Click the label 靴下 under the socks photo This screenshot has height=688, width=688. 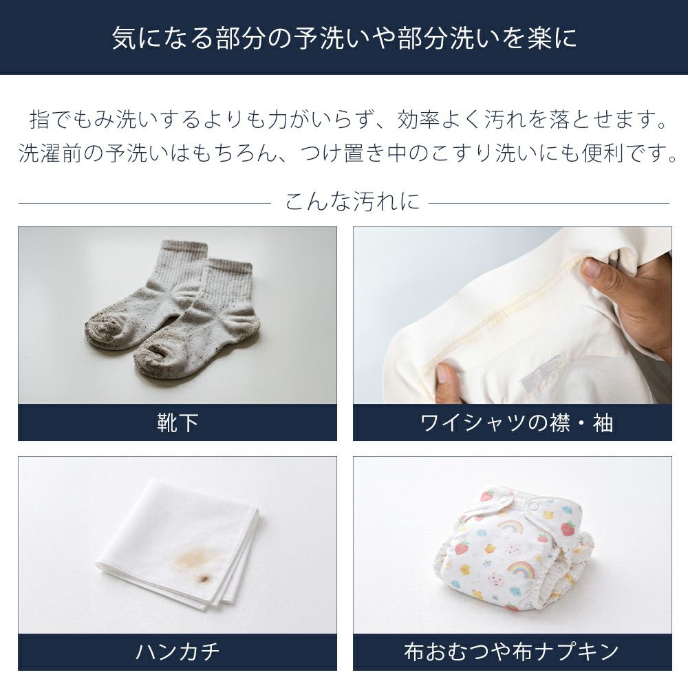[178, 423]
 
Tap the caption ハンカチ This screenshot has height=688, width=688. [178, 652]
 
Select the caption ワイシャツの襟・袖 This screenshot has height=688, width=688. [516, 423]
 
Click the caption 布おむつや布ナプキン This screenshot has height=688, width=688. [512, 652]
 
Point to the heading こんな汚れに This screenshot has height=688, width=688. [352, 202]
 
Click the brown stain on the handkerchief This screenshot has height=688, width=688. [194, 559]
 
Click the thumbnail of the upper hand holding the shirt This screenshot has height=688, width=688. [593, 268]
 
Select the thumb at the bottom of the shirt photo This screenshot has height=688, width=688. [445, 380]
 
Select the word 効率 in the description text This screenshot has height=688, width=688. [420, 119]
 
